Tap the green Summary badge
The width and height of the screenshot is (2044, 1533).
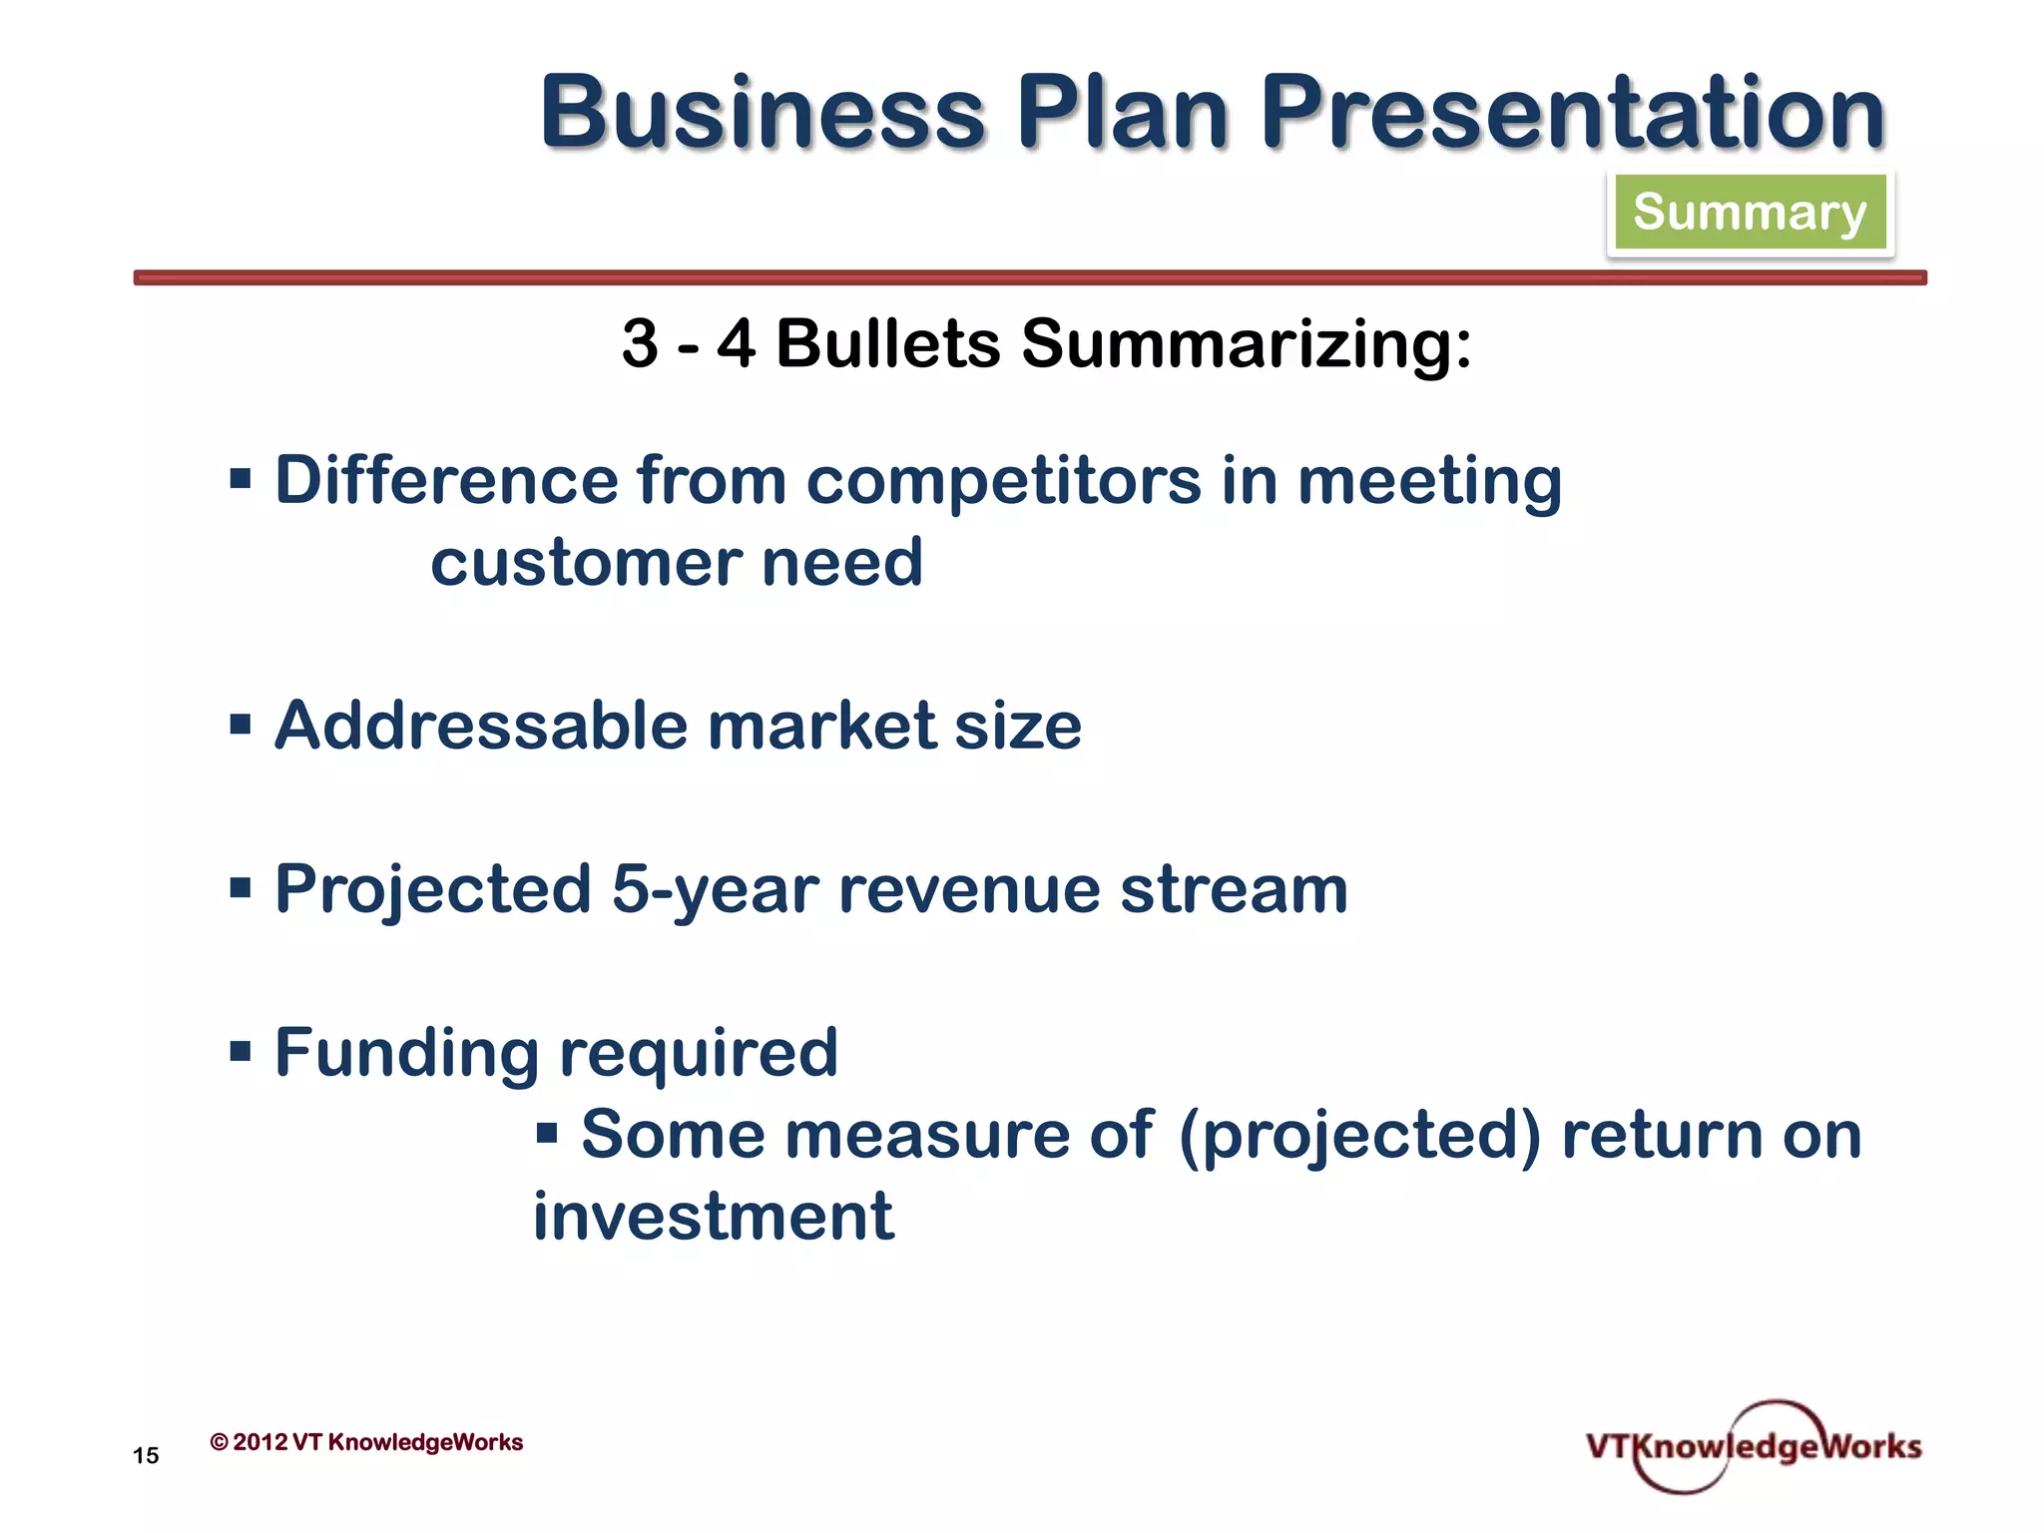[1750, 212]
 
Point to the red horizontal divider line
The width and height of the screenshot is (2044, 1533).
[1028, 277]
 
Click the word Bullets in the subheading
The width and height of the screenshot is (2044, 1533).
[887, 343]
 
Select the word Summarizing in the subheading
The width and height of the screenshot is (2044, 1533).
[1246, 345]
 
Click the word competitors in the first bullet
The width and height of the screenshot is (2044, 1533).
[1003, 481]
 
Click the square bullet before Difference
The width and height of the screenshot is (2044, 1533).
[240, 479]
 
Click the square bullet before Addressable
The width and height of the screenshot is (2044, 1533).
[240, 724]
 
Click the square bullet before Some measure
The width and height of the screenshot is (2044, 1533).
[546, 1133]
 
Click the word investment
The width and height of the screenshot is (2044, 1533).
[713, 1218]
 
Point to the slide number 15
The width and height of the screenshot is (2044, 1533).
[146, 1456]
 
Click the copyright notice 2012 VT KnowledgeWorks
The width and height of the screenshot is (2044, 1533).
[367, 1442]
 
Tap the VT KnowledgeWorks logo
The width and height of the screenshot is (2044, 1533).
[1753, 1446]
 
